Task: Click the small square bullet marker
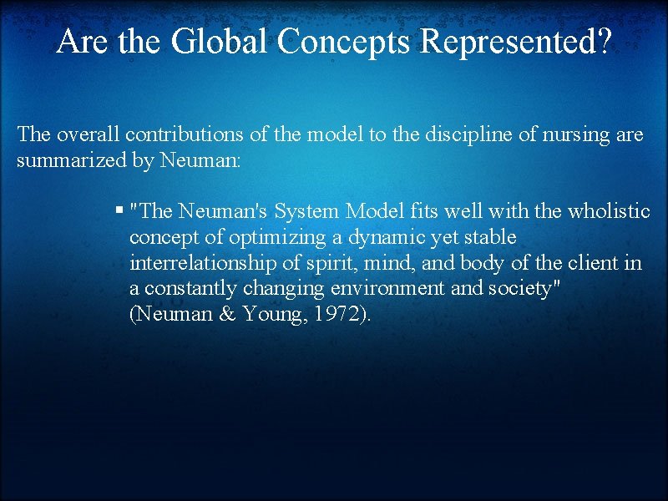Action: [x=120, y=211]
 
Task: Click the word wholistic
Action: [x=609, y=211]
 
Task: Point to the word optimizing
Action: [x=271, y=237]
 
